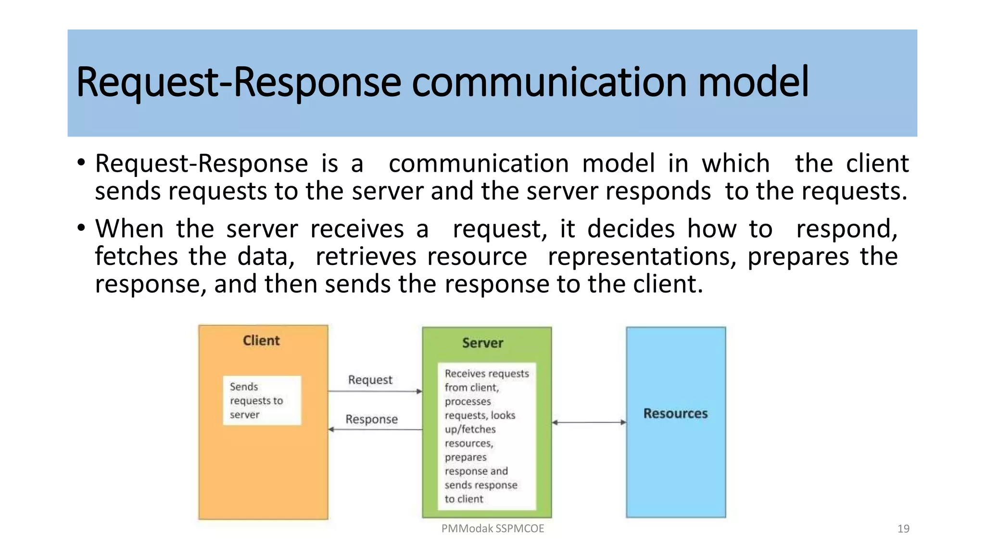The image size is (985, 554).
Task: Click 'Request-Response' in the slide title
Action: (x=238, y=83)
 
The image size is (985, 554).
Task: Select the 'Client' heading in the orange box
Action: (x=261, y=340)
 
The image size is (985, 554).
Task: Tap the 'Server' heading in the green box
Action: (x=482, y=343)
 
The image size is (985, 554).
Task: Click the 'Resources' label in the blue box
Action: (x=675, y=414)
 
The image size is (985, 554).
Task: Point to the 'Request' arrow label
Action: (x=370, y=380)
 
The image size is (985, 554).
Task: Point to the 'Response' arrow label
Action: (x=371, y=419)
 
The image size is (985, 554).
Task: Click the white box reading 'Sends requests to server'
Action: (x=262, y=400)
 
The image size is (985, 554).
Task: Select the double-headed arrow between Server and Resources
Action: (x=589, y=423)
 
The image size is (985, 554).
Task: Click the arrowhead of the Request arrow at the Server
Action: (x=419, y=391)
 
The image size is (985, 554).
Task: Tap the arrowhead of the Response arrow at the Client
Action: (x=331, y=429)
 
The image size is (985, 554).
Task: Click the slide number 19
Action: (x=903, y=529)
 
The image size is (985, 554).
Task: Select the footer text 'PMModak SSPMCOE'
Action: (x=492, y=529)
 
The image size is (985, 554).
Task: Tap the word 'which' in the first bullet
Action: (x=735, y=164)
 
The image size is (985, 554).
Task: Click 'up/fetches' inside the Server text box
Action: (x=470, y=429)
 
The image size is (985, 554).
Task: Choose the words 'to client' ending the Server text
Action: (x=464, y=499)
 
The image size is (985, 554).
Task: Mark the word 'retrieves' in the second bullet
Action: (x=366, y=256)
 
